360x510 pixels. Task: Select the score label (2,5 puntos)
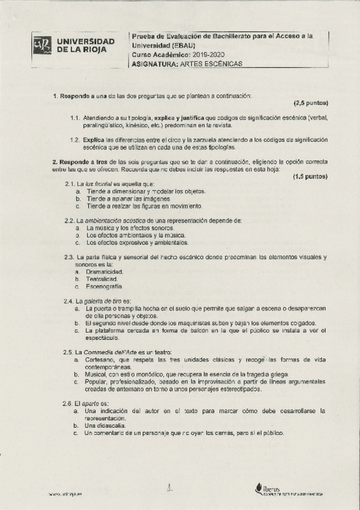(x=311, y=103)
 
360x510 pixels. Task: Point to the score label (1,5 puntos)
(x=311, y=177)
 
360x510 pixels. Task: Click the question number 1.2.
(x=75, y=140)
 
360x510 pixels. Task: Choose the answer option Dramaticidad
(x=105, y=272)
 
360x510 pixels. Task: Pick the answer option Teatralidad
(x=102, y=279)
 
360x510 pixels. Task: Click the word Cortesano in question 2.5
(x=101, y=359)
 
